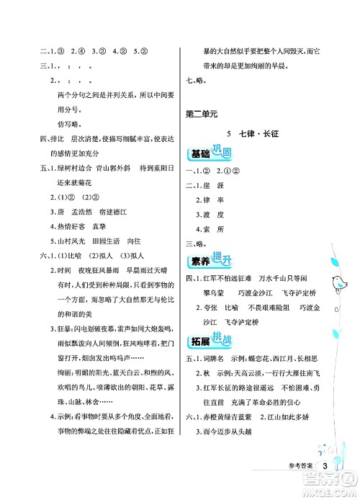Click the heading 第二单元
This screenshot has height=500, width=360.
[201, 113]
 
